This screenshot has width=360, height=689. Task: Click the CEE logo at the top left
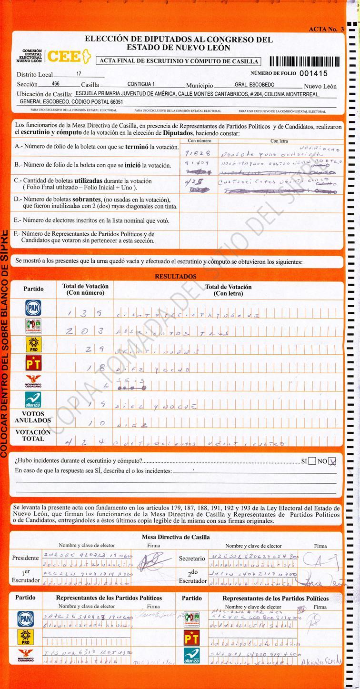[x=67, y=56]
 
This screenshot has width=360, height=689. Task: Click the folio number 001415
[x=313, y=73]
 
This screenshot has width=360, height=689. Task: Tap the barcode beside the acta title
[x=304, y=61]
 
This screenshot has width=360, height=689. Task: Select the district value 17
[x=79, y=74]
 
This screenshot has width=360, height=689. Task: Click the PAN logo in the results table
[x=33, y=308]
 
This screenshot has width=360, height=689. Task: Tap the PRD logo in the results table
[x=33, y=344]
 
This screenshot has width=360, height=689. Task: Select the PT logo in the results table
[x=33, y=363]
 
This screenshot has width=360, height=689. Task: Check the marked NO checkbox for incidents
[x=332, y=461]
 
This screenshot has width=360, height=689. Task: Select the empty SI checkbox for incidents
[x=312, y=461]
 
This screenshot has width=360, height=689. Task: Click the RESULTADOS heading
[x=175, y=276]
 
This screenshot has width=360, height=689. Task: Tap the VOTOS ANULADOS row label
[x=33, y=417]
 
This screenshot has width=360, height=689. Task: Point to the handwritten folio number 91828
[x=195, y=153]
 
